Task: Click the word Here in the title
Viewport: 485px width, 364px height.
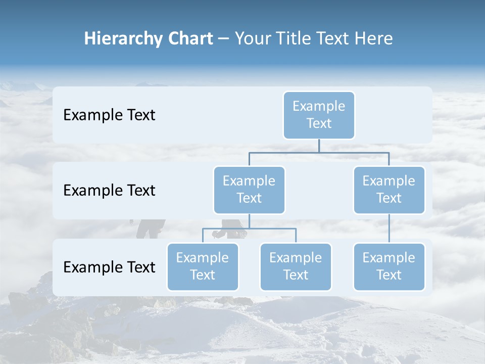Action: pos(374,38)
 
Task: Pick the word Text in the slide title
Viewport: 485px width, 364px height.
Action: pos(334,38)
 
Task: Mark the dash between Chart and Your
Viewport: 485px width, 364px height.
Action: pos(224,39)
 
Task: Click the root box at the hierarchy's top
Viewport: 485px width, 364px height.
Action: pos(319,115)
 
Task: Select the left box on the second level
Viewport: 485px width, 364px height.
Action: pos(249,190)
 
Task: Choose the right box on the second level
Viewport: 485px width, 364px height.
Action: pos(389,190)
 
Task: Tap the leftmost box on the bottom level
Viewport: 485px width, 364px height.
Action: pos(203,266)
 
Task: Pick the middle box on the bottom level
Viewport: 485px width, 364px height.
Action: pos(296,266)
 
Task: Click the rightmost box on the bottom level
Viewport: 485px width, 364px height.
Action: pos(389,266)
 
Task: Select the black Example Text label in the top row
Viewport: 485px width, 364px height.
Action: pos(109,115)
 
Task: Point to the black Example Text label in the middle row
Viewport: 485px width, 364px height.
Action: pos(109,190)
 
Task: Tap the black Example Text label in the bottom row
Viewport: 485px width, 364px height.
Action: pos(109,267)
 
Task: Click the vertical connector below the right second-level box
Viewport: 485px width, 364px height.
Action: pos(389,229)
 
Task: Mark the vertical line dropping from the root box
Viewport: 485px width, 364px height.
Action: pos(319,146)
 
